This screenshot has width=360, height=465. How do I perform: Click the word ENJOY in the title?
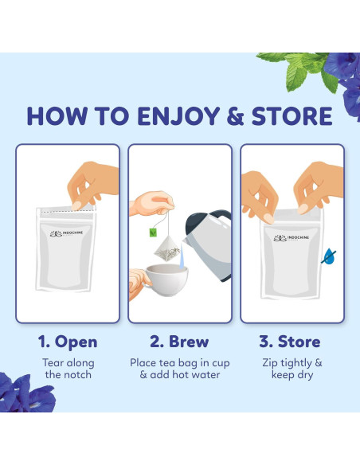click(178, 116)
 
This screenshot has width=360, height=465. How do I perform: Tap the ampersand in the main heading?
click(236, 116)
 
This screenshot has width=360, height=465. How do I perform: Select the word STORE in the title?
click(292, 116)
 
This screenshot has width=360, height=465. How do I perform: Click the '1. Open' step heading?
click(68, 342)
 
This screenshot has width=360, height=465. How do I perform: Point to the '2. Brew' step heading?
click(179, 342)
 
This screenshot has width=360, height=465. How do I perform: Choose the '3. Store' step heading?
click(290, 342)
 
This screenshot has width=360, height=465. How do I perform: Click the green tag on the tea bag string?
click(153, 232)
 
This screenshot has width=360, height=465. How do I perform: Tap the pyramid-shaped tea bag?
click(167, 248)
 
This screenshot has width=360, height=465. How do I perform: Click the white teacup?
click(166, 279)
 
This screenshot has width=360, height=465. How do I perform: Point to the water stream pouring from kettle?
click(182, 256)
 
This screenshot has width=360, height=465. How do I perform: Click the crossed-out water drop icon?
click(328, 256)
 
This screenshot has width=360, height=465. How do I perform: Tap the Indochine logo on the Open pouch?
click(66, 233)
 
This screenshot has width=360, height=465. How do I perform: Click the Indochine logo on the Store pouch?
click(292, 238)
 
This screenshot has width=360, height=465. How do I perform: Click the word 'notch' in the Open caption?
click(77, 375)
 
